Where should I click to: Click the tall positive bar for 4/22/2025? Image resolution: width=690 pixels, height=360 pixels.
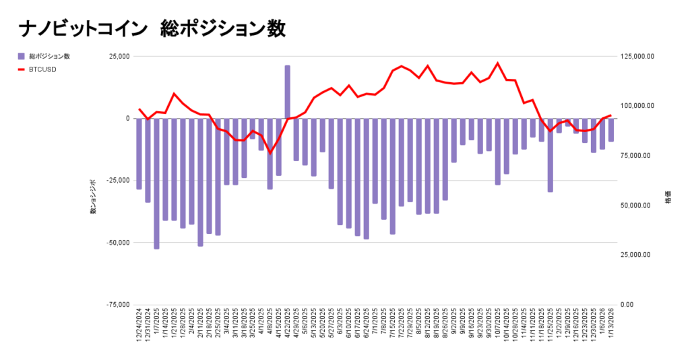(287, 92)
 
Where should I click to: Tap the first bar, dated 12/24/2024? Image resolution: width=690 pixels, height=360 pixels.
(139, 154)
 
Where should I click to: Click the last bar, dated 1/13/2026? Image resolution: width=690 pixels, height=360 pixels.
(611, 130)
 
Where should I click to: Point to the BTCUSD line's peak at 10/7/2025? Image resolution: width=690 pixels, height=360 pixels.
(497, 63)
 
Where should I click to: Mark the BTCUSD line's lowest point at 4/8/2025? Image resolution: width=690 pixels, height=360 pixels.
(270, 152)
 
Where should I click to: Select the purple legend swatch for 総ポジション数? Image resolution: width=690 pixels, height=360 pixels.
(22, 56)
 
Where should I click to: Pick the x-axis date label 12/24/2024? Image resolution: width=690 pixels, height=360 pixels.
(139, 327)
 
